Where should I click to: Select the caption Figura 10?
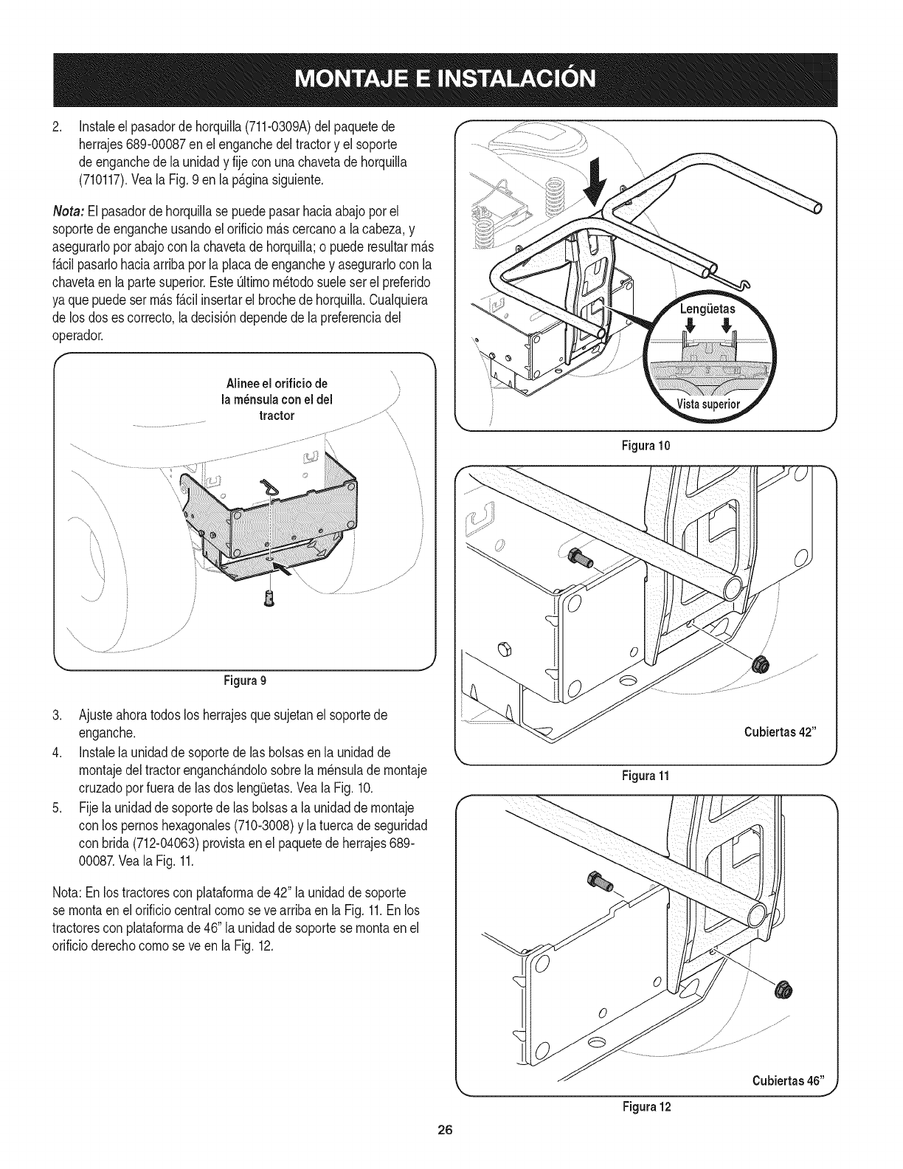tap(646, 446)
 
